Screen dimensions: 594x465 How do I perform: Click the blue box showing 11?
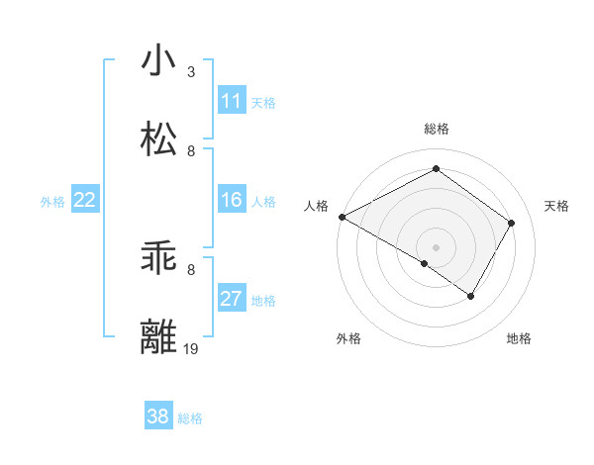pos(232,101)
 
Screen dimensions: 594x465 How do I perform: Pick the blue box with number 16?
pos(232,200)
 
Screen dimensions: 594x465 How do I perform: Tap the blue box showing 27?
pos(232,299)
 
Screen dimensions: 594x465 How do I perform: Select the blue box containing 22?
pos(84,200)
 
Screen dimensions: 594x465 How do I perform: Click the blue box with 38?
pos(158,417)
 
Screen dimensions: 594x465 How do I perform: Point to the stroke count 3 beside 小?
pos(191,72)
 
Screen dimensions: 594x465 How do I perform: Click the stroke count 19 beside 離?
pos(191,348)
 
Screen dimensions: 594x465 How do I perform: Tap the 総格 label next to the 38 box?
pos(190,418)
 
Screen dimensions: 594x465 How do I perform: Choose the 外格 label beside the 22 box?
pos(52,202)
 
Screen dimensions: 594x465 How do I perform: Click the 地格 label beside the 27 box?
pos(263,301)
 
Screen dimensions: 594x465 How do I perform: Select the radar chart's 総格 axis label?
pos(437,129)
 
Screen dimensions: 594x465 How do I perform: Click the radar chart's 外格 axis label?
pos(348,338)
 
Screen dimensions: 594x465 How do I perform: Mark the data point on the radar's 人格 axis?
pos(342,217)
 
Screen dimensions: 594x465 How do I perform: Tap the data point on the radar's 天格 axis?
pos(512,224)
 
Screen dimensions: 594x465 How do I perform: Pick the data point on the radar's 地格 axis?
pos(471,296)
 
